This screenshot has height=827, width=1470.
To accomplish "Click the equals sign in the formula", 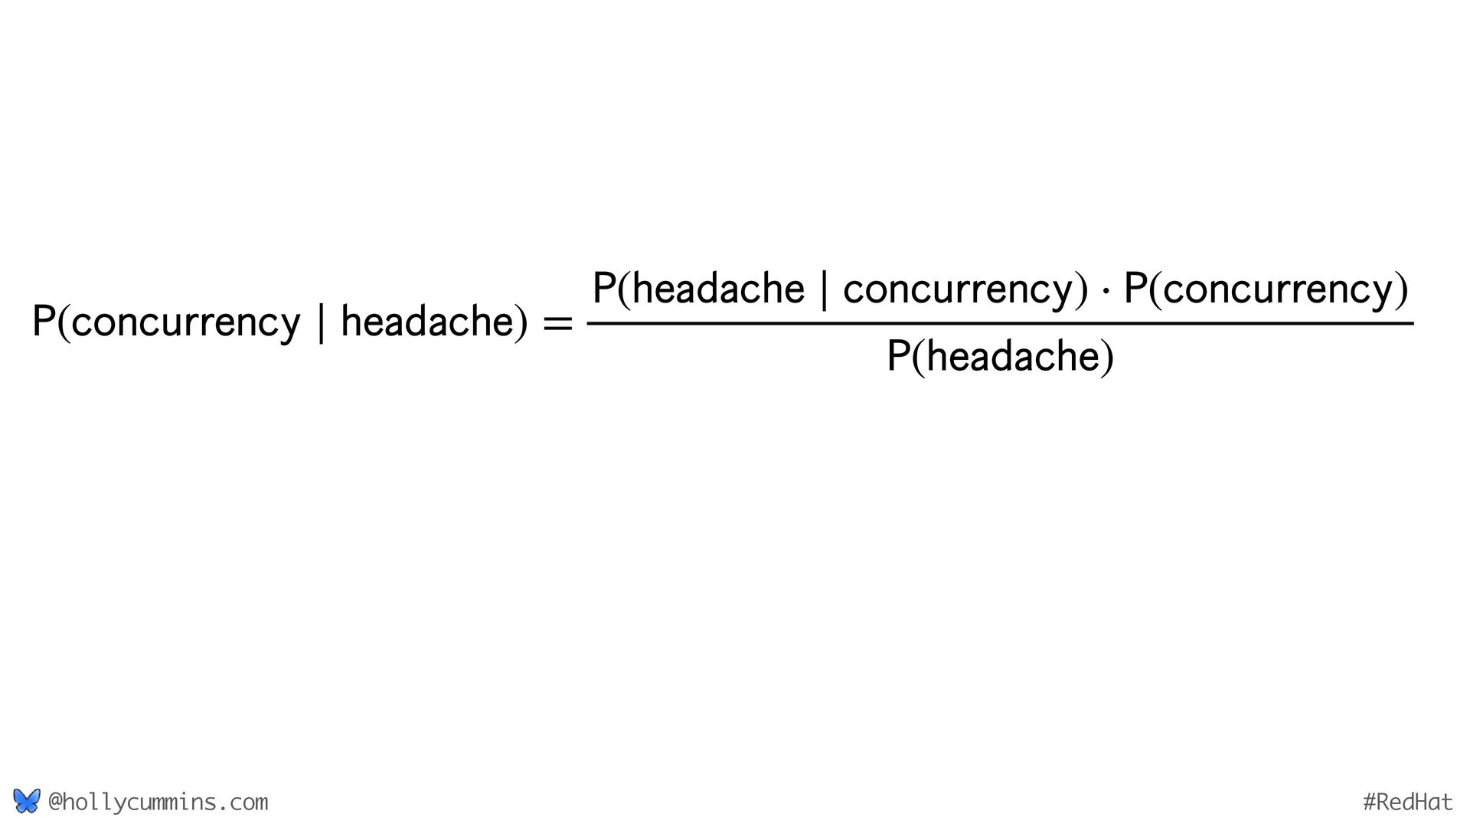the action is pyautogui.click(x=557, y=324).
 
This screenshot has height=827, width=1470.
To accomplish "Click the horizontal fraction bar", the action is pyautogui.click(x=1000, y=324).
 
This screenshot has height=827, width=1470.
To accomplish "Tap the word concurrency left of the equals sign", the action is pyautogui.click(x=187, y=322).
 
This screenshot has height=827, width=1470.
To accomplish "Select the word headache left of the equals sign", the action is pyautogui.click(x=428, y=321).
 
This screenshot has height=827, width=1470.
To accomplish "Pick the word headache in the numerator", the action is pyautogui.click(x=719, y=289).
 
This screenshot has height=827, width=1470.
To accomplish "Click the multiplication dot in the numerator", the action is pyautogui.click(x=1105, y=291).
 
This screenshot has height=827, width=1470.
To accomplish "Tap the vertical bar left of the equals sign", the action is pyautogui.click(x=320, y=323).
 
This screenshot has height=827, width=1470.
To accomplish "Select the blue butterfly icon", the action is pyautogui.click(x=26, y=801).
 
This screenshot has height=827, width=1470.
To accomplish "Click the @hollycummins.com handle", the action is pyautogui.click(x=158, y=802).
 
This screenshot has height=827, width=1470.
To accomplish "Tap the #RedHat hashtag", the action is pyautogui.click(x=1407, y=802).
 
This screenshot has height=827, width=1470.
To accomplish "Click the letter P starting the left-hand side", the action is pyautogui.click(x=44, y=322).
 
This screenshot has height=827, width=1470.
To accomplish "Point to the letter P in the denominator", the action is pyautogui.click(x=898, y=357).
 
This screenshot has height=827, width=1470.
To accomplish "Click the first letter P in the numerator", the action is pyautogui.click(x=604, y=289).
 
